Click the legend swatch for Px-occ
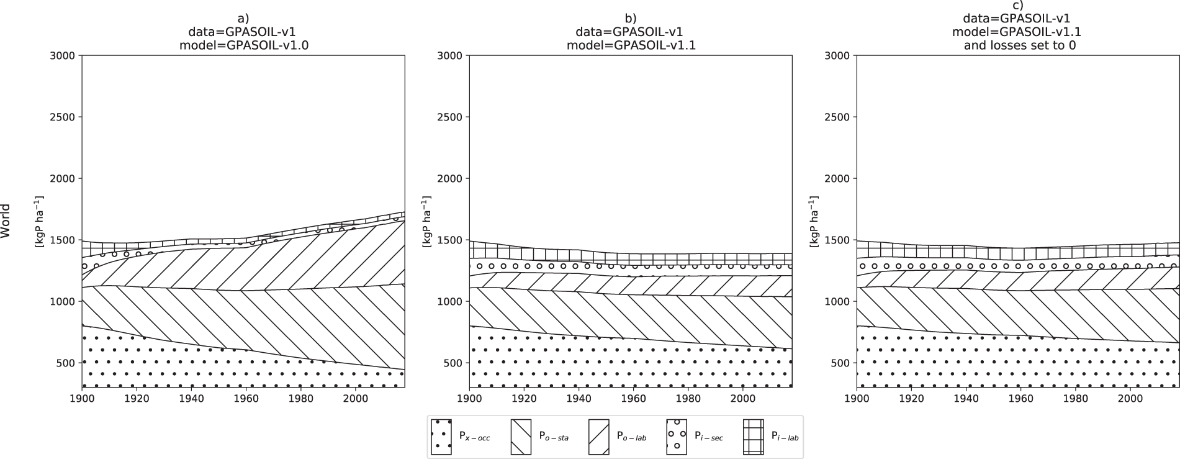click(x=441, y=437)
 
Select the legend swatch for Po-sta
click(x=520, y=437)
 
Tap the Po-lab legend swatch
click(x=598, y=437)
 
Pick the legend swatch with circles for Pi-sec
click(x=677, y=437)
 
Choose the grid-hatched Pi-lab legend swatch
click(x=754, y=437)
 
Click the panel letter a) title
click(x=243, y=18)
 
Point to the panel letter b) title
click(x=631, y=18)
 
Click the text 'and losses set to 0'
click(x=1018, y=45)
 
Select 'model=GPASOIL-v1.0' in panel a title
click(x=243, y=45)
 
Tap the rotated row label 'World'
click(x=6, y=220)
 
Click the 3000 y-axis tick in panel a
click(x=63, y=55)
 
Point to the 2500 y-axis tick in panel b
click(x=451, y=117)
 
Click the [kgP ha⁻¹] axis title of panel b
click(x=427, y=220)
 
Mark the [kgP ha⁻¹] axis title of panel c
click(x=814, y=220)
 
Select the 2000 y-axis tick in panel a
click(x=63, y=178)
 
